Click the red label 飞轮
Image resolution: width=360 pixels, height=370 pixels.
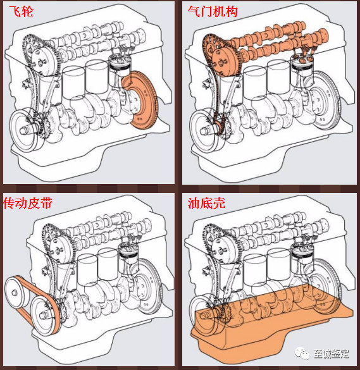pyautogui.click(x=21, y=11)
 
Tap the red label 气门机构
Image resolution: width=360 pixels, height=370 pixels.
pyautogui.click(x=213, y=11)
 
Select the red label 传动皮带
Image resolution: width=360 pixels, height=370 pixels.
pyautogui.click(x=28, y=203)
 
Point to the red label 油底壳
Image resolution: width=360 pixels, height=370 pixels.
pyautogui.click(x=206, y=203)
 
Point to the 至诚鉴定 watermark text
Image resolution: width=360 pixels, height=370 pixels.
pyautogui.click(x=331, y=354)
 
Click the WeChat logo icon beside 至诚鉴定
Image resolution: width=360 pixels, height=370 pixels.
pyautogui.click(x=302, y=354)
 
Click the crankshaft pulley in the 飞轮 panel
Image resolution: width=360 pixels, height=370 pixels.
pyautogui.click(x=25, y=130)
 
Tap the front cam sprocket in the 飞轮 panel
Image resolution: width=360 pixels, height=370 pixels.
pyautogui.click(x=44, y=62)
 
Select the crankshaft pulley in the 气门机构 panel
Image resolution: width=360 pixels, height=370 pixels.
pyautogui.click(x=205, y=130)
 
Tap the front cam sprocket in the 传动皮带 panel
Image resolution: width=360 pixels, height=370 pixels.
pyautogui.click(x=63, y=250)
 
